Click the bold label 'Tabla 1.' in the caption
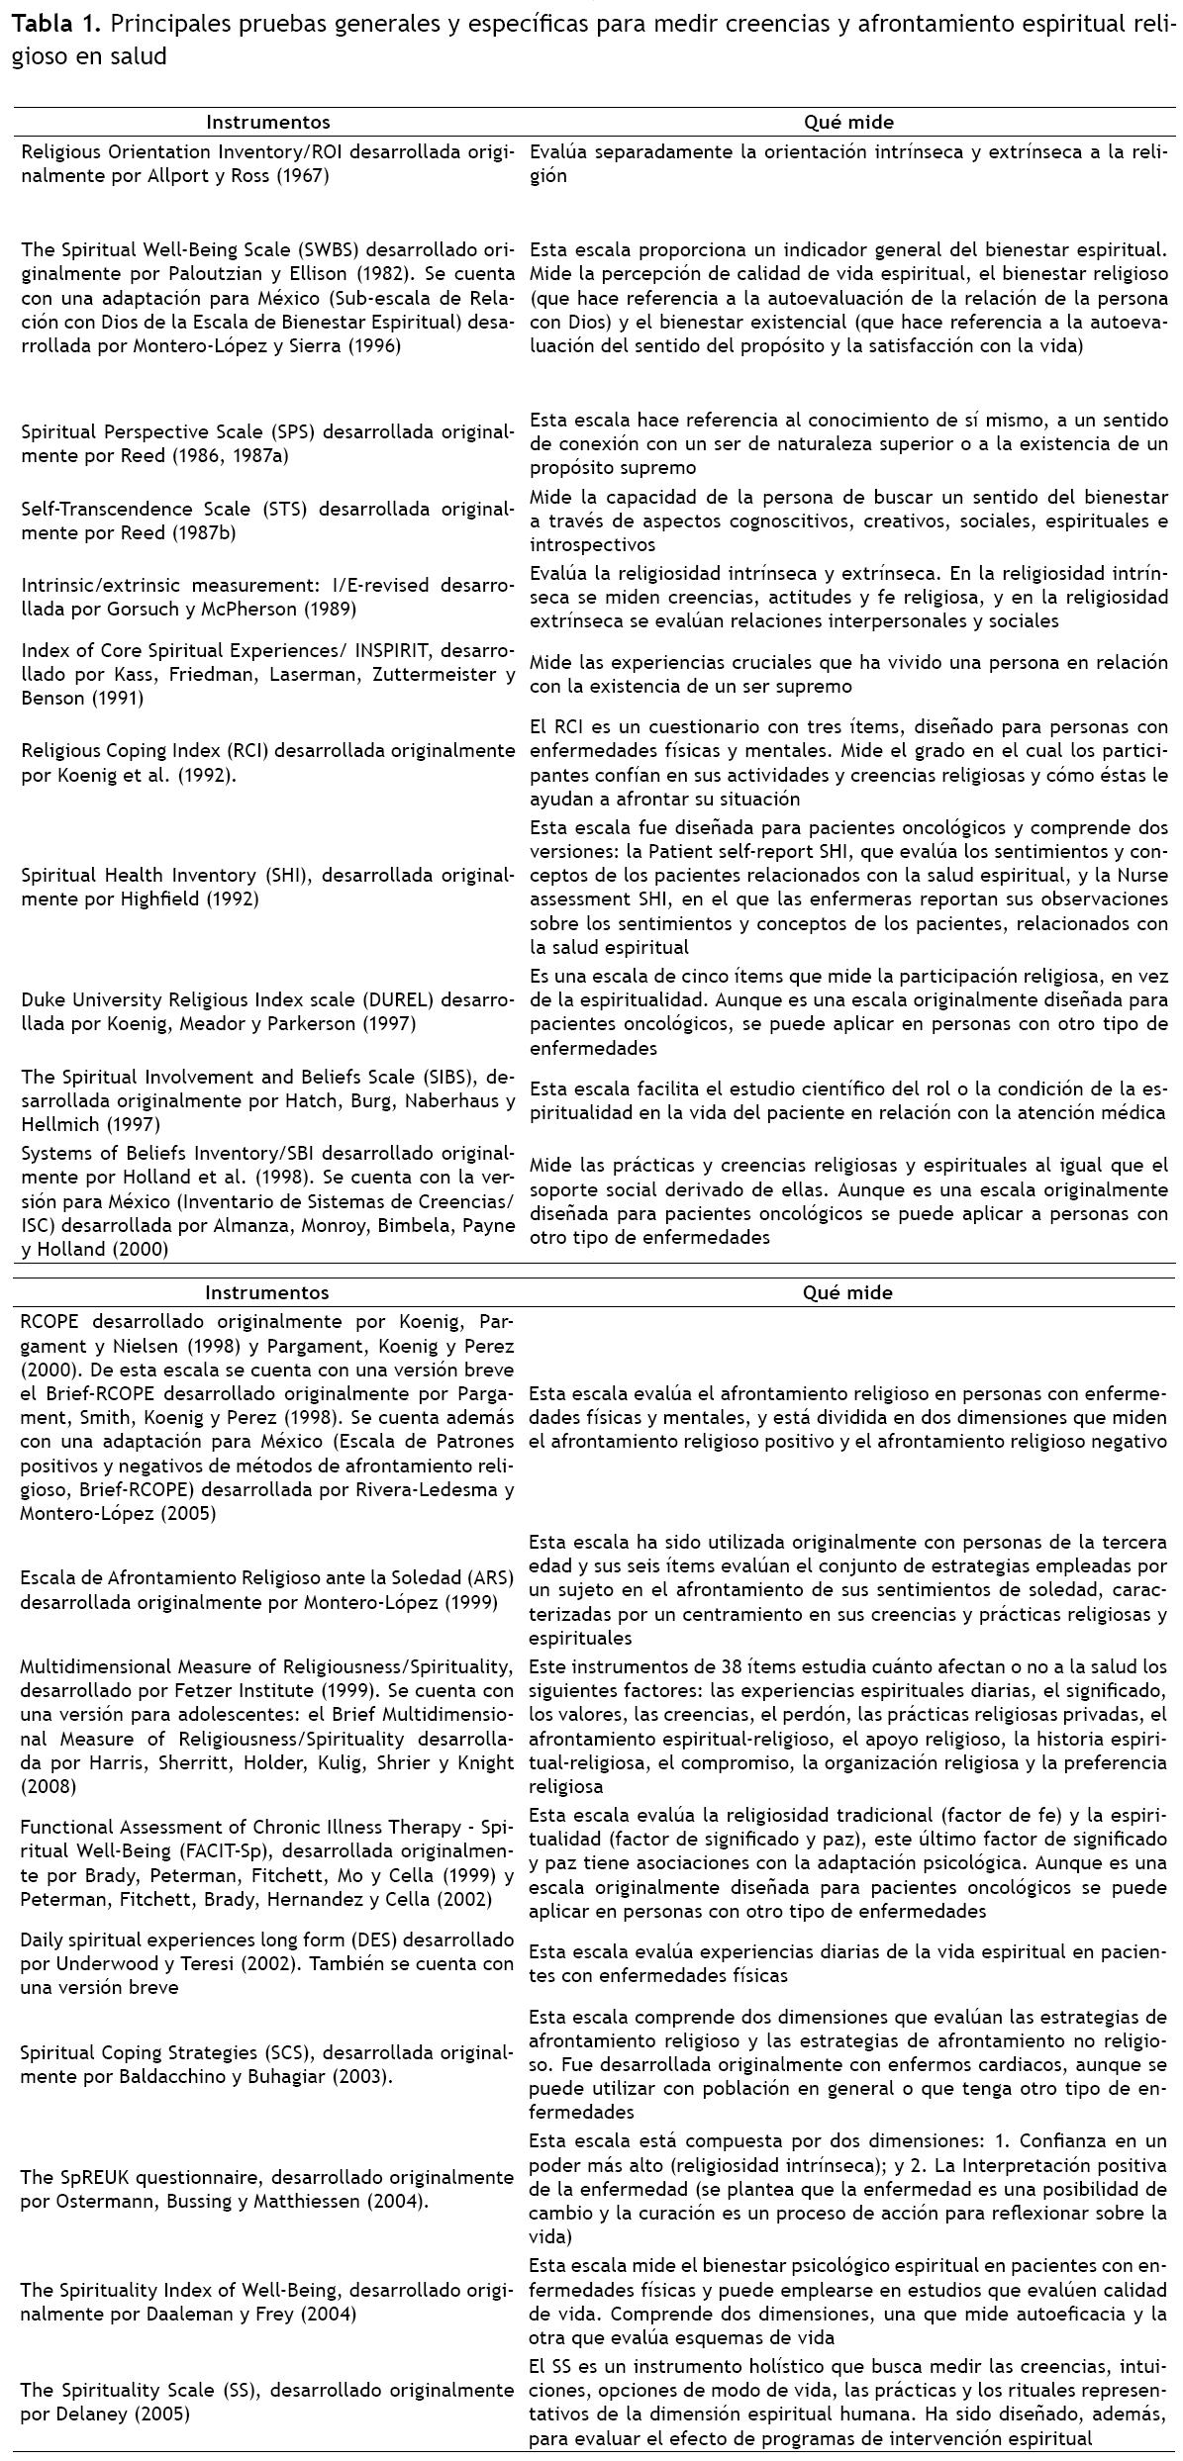pyautogui.click(x=47, y=25)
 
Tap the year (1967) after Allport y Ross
pyautogui.click(x=304, y=176)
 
